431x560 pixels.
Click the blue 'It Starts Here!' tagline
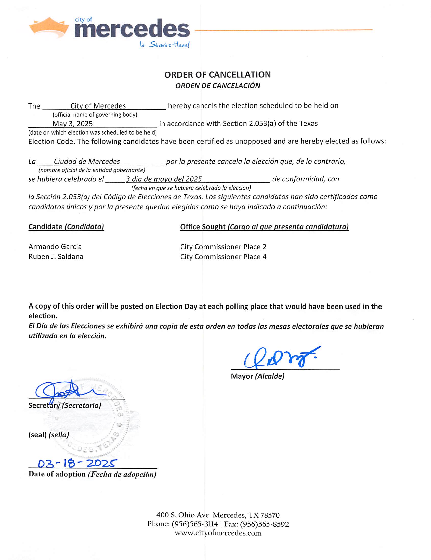tap(164, 45)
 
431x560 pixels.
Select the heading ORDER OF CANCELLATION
tap(217, 75)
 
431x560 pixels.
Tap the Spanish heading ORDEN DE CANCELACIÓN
tap(218, 86)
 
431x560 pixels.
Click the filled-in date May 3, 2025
tap(72, 124)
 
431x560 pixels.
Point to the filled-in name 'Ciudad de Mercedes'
tap(87, 162)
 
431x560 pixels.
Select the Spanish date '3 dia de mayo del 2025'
tap(164, 179)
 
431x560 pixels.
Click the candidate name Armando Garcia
tap(55, 247)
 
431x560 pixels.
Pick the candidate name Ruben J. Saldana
tap(56, 257)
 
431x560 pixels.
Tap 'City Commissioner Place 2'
tap(223, 247)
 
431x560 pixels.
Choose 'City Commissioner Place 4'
tap(223, 257)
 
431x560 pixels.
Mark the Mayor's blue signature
tap(280, 357)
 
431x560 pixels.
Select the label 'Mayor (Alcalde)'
tap(258, 376)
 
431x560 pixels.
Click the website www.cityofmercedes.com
tap(218, 533)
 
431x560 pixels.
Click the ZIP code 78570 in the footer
tap(270, 515)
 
